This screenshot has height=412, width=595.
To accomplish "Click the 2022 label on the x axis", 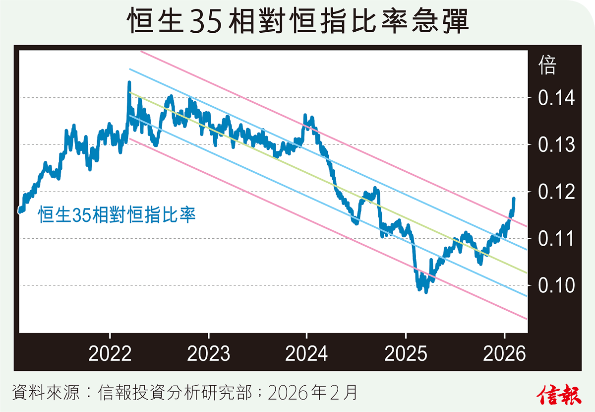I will pos(110,354).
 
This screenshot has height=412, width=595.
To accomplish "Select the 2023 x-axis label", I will pos(209,354).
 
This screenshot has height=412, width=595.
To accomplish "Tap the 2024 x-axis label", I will pos(307,354).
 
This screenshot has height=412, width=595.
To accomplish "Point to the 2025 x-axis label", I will pos(406,354).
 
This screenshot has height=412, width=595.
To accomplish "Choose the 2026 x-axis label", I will pos(504,354).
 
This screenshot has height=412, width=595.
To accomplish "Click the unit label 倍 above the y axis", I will pos(547,66).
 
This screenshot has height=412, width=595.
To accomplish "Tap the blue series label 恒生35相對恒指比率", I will pos(117,215).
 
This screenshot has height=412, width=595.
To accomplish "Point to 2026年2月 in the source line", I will pos(312,394).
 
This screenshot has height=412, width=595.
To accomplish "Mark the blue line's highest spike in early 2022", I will pos(129,82).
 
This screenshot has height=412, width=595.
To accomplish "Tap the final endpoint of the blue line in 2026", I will pos(514,199).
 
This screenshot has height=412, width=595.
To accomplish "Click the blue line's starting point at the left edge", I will pos(20,210).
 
